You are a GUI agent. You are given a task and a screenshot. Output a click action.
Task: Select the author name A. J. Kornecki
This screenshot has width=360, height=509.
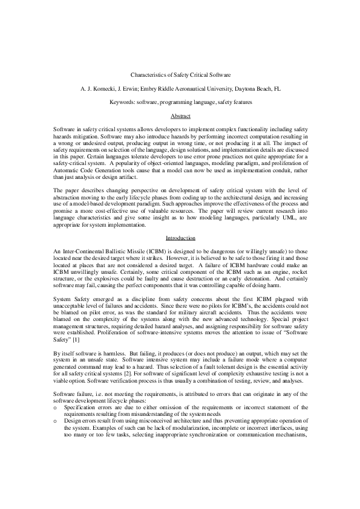pos(99,88)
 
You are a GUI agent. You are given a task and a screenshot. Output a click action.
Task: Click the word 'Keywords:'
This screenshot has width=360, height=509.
pos(123,103)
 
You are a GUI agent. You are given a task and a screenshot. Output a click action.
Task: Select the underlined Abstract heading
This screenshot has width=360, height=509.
pos(180,115)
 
